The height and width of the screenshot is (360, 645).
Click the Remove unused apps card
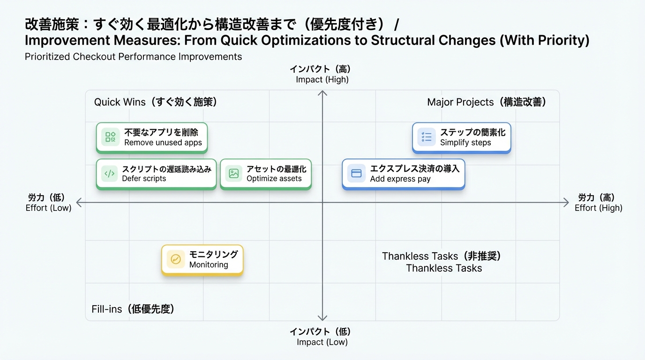coord(151,137)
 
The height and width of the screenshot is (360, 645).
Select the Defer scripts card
coord(156,173)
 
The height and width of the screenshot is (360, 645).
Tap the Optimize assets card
coord(265,173)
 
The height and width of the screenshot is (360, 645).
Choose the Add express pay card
coord(403,173)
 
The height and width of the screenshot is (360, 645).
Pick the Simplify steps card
coord(461,137)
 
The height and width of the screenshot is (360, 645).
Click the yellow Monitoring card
coord(202,259)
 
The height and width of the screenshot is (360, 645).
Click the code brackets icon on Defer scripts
coord(110,173)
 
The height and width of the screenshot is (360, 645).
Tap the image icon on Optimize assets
coord(233,173)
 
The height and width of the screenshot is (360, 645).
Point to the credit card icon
coord(356,173)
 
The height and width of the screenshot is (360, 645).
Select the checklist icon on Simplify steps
coord(427,137)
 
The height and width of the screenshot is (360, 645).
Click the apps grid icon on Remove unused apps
coord(110,137)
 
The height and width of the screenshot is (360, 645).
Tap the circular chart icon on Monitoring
coord(176,259)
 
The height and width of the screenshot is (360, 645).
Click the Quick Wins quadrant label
coord(155,102)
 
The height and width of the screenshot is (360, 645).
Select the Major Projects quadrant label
coord(487,102)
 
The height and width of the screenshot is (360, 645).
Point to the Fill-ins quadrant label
coord(133,309)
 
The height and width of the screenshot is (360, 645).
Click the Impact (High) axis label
coord(322,74)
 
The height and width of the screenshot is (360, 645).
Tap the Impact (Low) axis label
coord(322,337)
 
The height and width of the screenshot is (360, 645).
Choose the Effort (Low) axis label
coord(48,202)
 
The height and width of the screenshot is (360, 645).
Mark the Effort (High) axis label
coord(598,202)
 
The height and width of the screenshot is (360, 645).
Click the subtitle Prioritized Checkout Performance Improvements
coord(133,57)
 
